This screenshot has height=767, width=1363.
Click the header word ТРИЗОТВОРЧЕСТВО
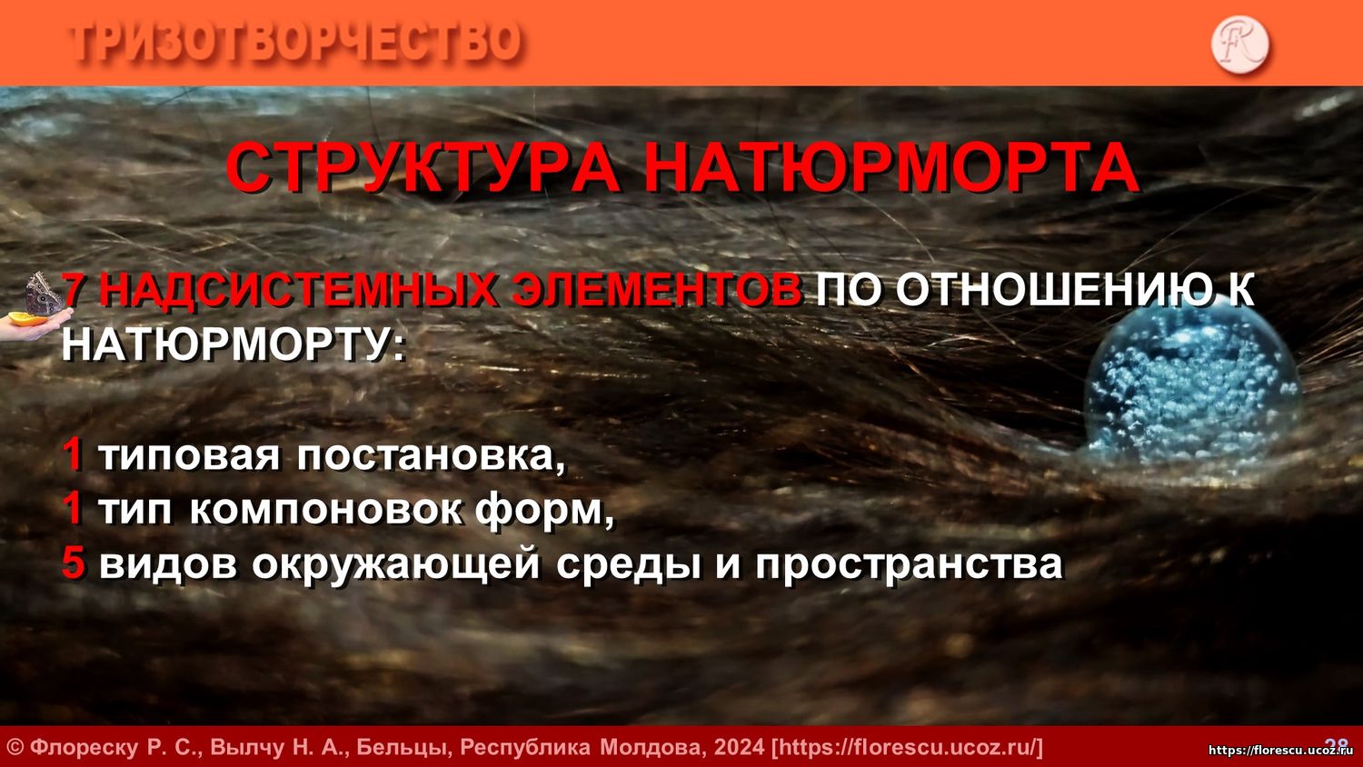pos(296,43)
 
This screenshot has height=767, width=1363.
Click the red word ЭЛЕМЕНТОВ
pos(657,290)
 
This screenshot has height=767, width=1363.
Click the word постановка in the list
pos(432,456)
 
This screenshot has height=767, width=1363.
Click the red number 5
pos(73,563)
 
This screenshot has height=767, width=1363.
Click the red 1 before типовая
pos(73,456)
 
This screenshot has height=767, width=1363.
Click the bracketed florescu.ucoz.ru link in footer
pos(907,747)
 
